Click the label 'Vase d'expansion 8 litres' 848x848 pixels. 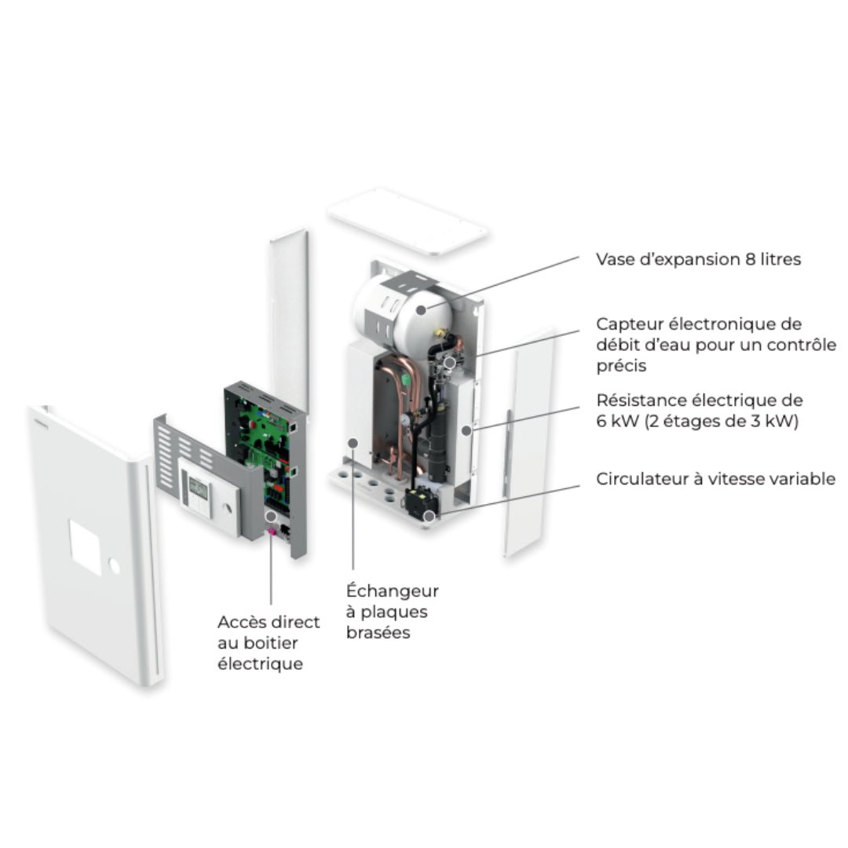tap(698, 259)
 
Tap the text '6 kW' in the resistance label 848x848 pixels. tap(616, 421)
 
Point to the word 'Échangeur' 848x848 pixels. tap(392, 591)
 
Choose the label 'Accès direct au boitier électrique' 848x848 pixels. tap(269, 643)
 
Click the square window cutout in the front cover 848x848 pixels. tap(92, 548)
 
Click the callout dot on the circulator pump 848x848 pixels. tap(429, 516)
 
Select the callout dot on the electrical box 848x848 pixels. tap(270, 517)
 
